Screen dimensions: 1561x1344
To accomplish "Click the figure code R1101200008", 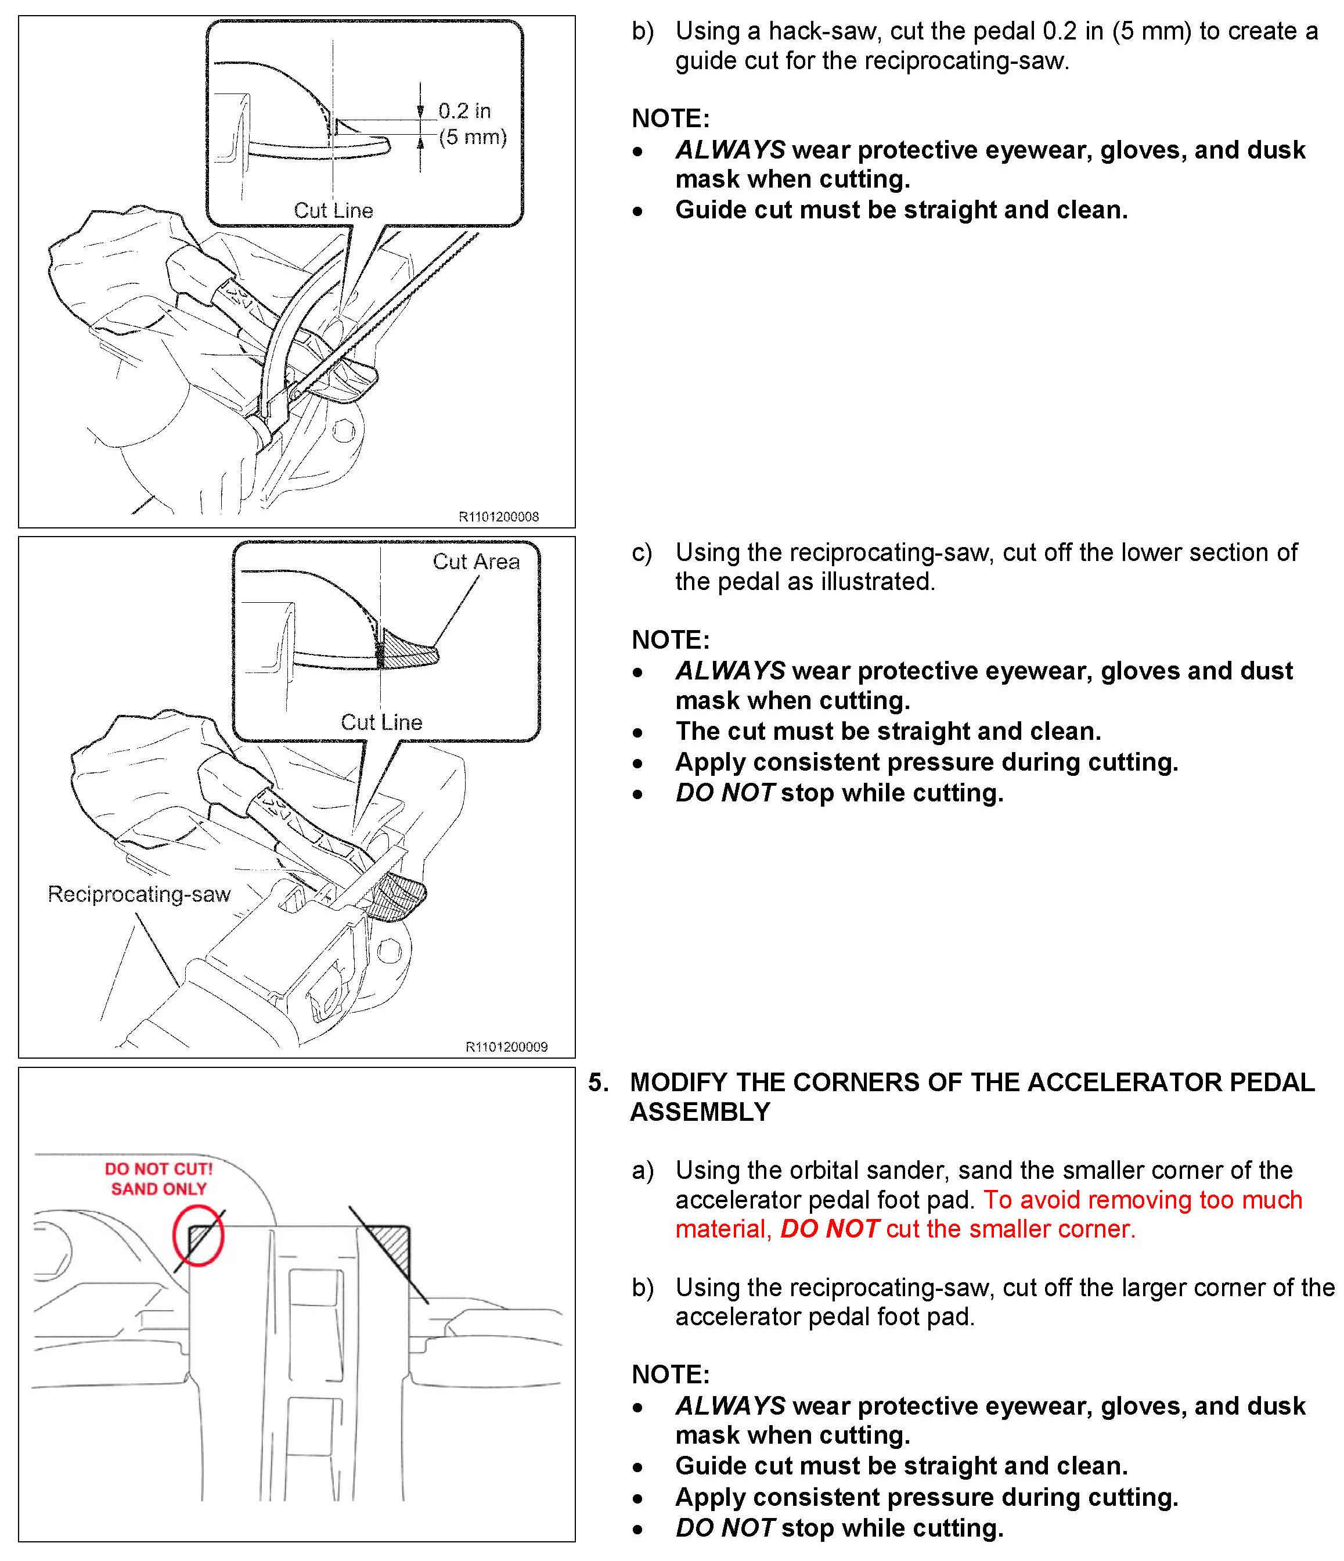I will coord(498,517).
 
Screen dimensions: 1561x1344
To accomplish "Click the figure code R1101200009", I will coord(506,1046).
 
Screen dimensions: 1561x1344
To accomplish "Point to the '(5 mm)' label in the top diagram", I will coord(473,137).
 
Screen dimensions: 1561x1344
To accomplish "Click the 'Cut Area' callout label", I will coord(475,561).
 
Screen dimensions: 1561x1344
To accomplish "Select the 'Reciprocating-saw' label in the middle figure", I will coord(139,894).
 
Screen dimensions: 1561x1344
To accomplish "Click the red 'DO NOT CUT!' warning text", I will coord(158,1168).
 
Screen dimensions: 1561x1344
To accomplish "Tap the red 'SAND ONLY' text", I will coord(158,1189).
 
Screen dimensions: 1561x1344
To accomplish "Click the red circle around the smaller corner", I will coord(198,1236).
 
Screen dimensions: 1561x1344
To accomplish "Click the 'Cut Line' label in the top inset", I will coord(333,210).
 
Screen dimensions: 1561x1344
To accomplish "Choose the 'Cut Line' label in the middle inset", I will coord(381,722).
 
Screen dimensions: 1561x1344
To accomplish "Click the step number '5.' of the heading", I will coord(598,1082).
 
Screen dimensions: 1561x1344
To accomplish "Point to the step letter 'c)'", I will coord(642,553).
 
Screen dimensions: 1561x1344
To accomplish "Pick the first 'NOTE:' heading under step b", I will coord(670,118).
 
